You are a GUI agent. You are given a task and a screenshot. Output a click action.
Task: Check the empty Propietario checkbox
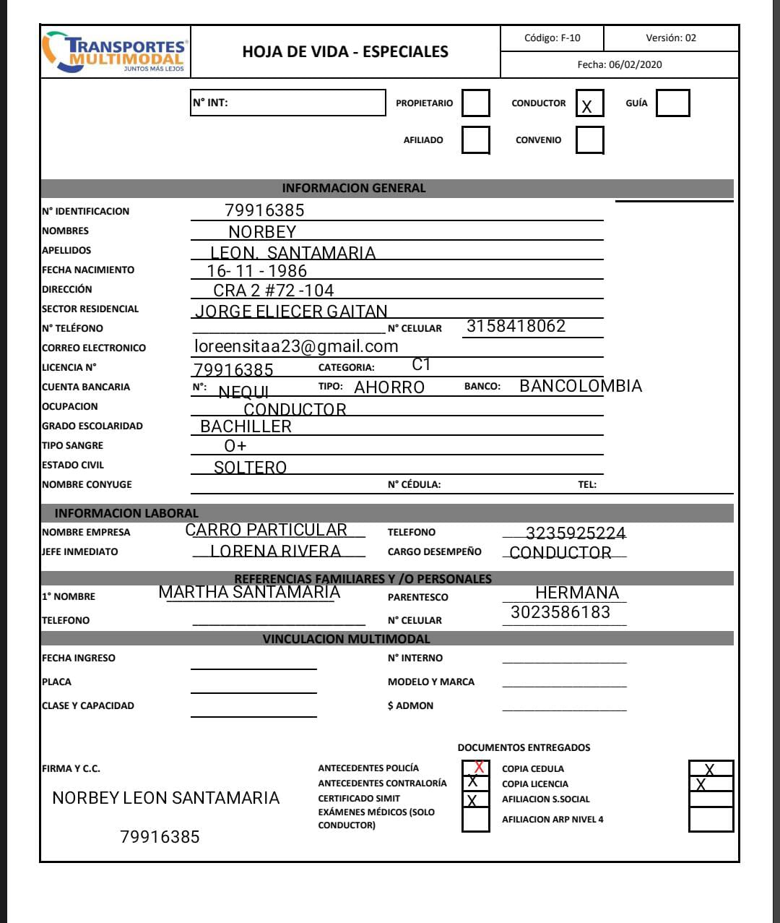[x=475, y=103]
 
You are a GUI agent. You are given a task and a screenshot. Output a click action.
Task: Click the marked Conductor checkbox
[x=589, y=103]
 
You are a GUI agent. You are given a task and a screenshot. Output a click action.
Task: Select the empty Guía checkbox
[x=672, y=103]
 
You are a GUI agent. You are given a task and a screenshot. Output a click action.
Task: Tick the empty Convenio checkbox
[x=589, y=139]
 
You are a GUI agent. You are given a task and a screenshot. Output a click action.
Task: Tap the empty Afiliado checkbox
[x=475, y=139]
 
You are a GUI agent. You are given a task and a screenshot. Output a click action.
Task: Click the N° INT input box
[x=288, y=103]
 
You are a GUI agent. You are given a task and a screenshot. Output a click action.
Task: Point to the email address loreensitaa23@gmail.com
[x=296, y=346]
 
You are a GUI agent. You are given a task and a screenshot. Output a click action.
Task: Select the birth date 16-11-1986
[x=256, y=271]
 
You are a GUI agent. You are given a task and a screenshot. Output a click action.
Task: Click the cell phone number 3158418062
[x=516, y=326]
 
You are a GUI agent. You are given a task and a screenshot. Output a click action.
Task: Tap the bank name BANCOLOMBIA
[x=580, y=386]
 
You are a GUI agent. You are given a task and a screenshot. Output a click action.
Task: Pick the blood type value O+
[x=235, y=446]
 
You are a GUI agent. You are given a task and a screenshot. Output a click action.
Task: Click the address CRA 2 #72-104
[x=273, y=291]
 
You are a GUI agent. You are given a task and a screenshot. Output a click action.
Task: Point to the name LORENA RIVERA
[x=275, y=551]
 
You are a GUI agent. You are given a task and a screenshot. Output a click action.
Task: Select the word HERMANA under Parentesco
[x=577, y=593]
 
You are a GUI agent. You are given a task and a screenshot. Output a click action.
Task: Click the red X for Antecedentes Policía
[x=479, y=767]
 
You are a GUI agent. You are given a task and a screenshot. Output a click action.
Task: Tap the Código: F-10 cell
[x=552, y=38]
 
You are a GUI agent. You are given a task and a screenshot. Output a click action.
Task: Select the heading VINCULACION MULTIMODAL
[x=346, y=639]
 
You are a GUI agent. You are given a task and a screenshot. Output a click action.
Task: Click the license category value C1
[x=421, y=365]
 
